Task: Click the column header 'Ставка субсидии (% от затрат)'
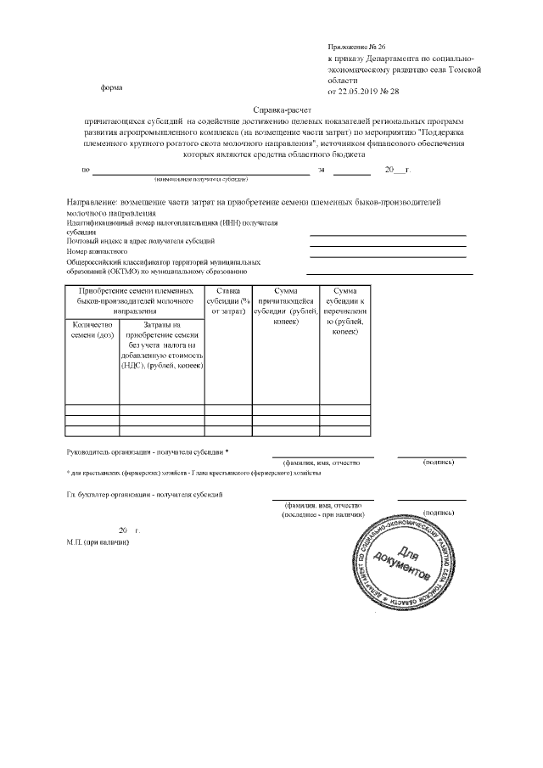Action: [228, 302]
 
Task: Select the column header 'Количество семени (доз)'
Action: [92, 330]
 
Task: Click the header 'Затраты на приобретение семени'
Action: [162, 345]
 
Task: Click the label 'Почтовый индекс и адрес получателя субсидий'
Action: [135, 241]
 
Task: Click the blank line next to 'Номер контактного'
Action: [388, 255]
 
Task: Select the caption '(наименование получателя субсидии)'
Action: [200, 180]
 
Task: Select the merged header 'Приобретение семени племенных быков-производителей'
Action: [135, 301]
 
